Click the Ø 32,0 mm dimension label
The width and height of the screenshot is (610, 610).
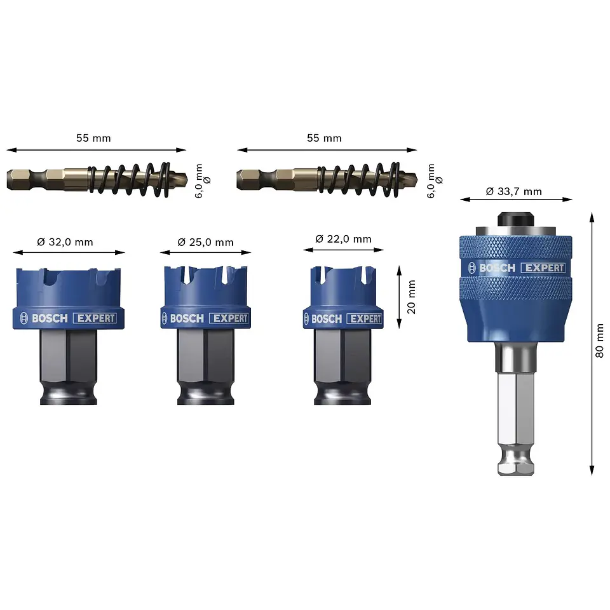[65, 242]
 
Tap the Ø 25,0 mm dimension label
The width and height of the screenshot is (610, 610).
[205, 242]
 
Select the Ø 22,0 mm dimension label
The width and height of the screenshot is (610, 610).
[343, 238]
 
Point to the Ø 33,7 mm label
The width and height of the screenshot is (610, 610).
[513, 191]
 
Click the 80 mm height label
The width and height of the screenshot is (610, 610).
[599, 341]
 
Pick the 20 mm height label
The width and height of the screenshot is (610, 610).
[411, 297]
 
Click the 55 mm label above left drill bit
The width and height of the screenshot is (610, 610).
[93, 138]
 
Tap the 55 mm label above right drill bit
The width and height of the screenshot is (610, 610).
[324, 138]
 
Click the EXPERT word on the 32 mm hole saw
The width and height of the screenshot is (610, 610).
[96, 318]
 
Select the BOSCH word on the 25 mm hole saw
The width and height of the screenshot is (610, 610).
[187, 318]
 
